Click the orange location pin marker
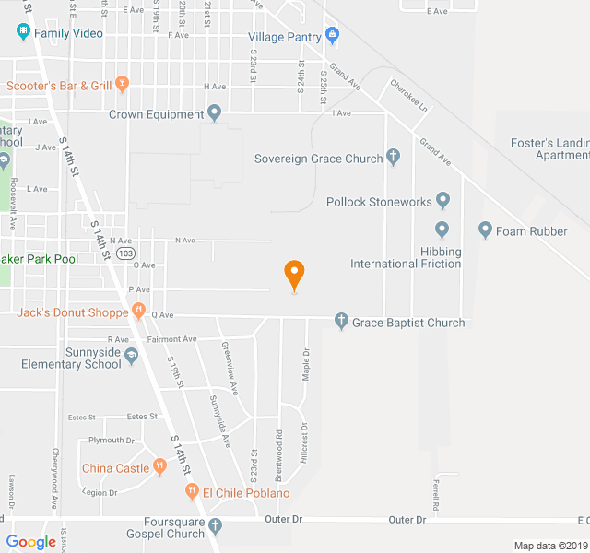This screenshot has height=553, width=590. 294,275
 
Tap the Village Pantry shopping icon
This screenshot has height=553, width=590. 333,37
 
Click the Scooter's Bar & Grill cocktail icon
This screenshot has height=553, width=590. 122,86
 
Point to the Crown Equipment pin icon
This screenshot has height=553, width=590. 215,114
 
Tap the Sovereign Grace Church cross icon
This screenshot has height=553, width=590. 394,158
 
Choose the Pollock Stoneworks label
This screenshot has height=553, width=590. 378,201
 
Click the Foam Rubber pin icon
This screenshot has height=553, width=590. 486,229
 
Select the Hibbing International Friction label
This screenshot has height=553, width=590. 406,257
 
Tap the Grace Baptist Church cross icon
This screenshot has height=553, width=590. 341,322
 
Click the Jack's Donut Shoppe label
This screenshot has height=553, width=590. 72,312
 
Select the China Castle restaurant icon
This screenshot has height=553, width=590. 159,467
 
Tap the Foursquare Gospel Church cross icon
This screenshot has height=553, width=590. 216,526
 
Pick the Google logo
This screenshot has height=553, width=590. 31,542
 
